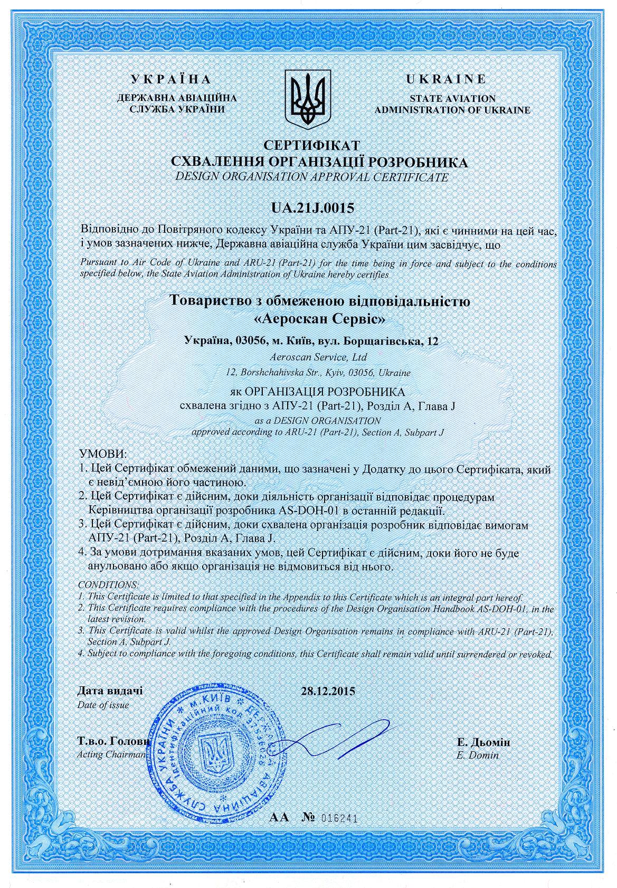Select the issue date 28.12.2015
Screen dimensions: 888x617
click(328, 691)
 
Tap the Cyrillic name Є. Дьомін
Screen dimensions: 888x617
click(483, 743)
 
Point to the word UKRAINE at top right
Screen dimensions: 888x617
click(445, 80)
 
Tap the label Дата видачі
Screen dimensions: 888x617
click(110, 691)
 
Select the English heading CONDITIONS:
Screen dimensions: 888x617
click(108, 585)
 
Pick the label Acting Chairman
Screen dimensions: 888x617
click(111, 754)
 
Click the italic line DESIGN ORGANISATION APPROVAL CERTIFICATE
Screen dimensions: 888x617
click(312, 177)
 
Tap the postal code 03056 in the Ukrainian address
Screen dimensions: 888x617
click(250, 342)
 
